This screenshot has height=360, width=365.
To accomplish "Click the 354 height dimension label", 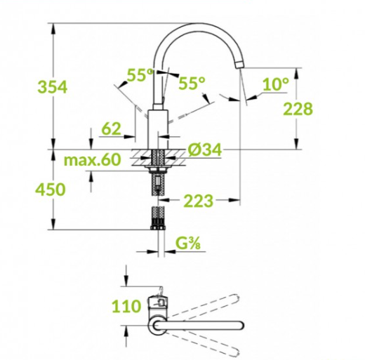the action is point(53,87).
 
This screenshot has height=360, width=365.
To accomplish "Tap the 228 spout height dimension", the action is point(298,109).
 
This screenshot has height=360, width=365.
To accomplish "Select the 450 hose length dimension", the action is point(51,189).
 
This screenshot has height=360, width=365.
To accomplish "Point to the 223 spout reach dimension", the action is point(199,201).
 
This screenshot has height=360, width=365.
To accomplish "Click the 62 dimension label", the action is point(112,128).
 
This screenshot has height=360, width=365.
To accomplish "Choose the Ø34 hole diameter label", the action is point(205,149).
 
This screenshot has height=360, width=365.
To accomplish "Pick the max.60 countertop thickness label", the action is point(93,159).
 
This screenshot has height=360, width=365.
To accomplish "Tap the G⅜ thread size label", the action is point(188,244).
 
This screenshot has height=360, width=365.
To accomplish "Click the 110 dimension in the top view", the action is point(126,306).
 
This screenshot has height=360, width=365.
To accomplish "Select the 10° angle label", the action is point(276,84).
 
